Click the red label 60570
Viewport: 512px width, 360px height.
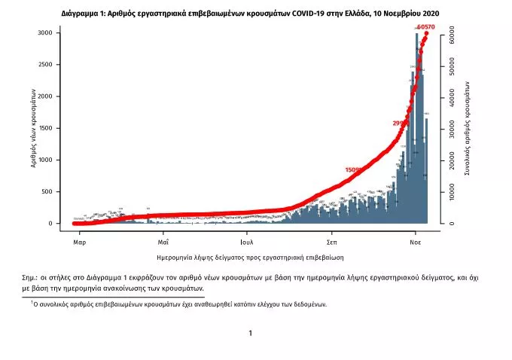tap(425, 27)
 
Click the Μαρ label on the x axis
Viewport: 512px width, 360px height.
tap(79, 243)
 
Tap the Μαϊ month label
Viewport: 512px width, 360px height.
tap(163, 243)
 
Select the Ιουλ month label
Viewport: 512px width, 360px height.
tap(246, 243)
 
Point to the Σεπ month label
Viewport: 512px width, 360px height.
tap(331, 243)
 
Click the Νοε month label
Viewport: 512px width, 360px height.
tap(415, 243)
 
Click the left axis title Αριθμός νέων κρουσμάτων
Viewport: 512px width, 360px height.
tap(33, 128)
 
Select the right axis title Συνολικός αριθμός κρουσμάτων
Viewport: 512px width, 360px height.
tap(467, 128)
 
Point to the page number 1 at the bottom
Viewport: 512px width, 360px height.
tap(250, 333)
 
